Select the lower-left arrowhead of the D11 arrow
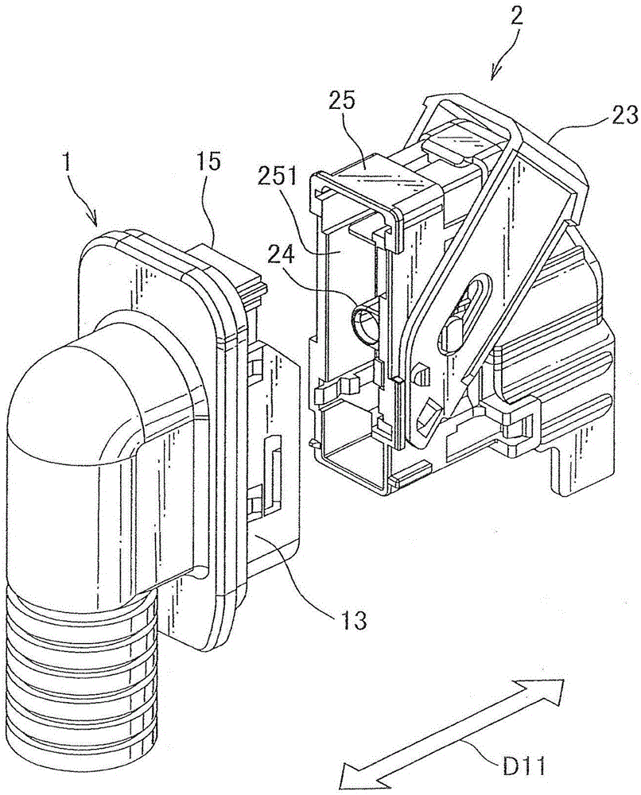[x=350, y=777]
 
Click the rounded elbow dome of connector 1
[x=72, y=397]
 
